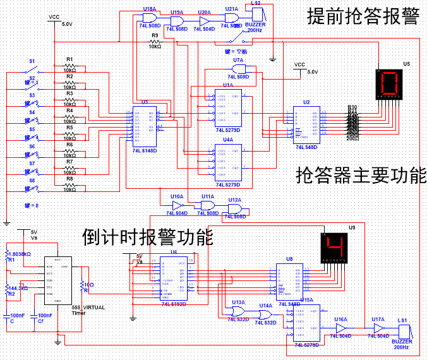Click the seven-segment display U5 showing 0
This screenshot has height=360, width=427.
point(388,84)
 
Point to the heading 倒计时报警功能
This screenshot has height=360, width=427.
point(148,237)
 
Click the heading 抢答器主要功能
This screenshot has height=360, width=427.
point(361,176)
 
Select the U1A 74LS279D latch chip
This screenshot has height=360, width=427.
point(227,108)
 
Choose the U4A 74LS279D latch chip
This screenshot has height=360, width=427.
point(227,162)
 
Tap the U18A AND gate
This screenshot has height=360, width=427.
point(150,19)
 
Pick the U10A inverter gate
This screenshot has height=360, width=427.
point(177,206)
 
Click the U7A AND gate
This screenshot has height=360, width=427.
point(238,69)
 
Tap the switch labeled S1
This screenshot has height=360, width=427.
point(33,68)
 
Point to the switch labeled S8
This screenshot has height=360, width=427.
point(33,188)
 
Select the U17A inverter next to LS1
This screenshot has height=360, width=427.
point(378,329)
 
